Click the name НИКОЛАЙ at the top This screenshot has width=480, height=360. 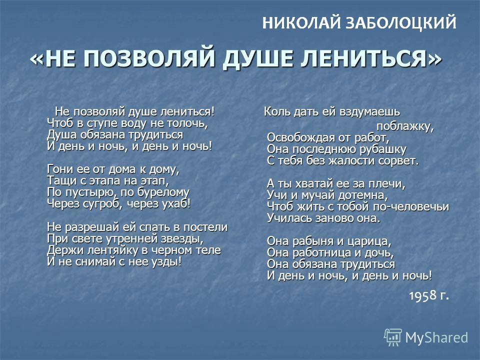point(301,23)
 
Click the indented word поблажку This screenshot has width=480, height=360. point(405,126)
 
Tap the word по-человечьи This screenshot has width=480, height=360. point(411,206)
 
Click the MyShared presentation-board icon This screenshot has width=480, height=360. point(393,337)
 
